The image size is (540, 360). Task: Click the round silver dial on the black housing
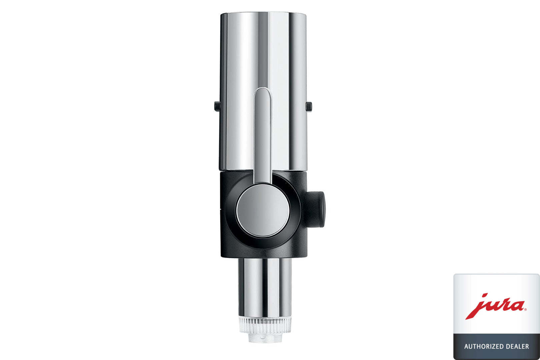(263, 211)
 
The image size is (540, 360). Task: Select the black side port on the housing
(316, 209)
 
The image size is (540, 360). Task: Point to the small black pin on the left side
(217, 106)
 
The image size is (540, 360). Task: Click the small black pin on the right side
(309, 107)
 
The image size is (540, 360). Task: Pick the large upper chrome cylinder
(263, 92)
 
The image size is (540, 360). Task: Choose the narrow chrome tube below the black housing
(265, 288)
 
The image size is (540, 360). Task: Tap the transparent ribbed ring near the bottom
(265, 325)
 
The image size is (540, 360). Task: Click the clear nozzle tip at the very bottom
(265, 338)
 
